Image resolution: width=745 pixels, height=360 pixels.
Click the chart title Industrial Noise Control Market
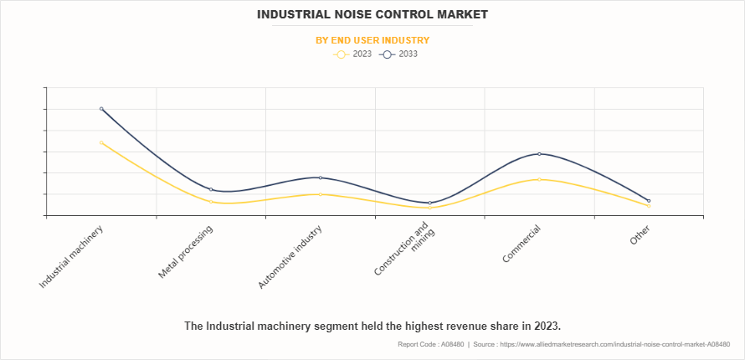coord(372,14)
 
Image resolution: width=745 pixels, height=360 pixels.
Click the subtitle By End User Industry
coord(372,40)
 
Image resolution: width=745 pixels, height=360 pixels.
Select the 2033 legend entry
coord(398,54)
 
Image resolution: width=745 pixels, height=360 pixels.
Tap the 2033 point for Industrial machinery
coord(101,109)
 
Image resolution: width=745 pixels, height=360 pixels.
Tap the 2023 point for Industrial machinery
coord(101,142)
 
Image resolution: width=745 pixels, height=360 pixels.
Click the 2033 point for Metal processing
coord(211,189)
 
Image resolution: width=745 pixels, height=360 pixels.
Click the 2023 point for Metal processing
coord(211,202)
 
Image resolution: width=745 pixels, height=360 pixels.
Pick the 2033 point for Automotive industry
coord(321,177)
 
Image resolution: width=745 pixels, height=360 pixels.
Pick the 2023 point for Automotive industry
coord(321,194)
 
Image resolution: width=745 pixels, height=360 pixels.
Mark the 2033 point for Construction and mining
coord(430,203)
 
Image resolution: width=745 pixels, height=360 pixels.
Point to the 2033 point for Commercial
coord(539,154)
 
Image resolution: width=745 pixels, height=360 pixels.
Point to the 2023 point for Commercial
coord(539,179)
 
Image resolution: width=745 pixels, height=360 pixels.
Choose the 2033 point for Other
coord(649,201)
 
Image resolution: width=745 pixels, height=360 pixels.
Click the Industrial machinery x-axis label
coord(71,257)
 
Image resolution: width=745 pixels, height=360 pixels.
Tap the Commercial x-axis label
coord(521,244)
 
